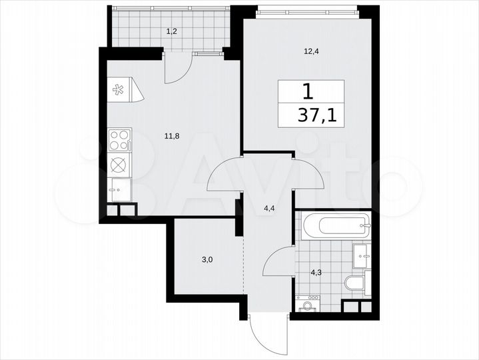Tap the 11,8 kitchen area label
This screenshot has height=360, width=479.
click(171, 136)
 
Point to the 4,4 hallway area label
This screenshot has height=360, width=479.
click(270, 208)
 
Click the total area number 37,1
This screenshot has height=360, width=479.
click(317, 115)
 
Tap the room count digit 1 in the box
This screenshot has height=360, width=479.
click(307, 90)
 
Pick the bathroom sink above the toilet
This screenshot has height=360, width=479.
click(361, 253)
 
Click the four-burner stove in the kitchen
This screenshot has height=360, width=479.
click(119, 141)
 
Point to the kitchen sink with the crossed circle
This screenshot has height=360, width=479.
click(118, 164)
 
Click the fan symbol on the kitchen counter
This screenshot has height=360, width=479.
click(120, 89)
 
